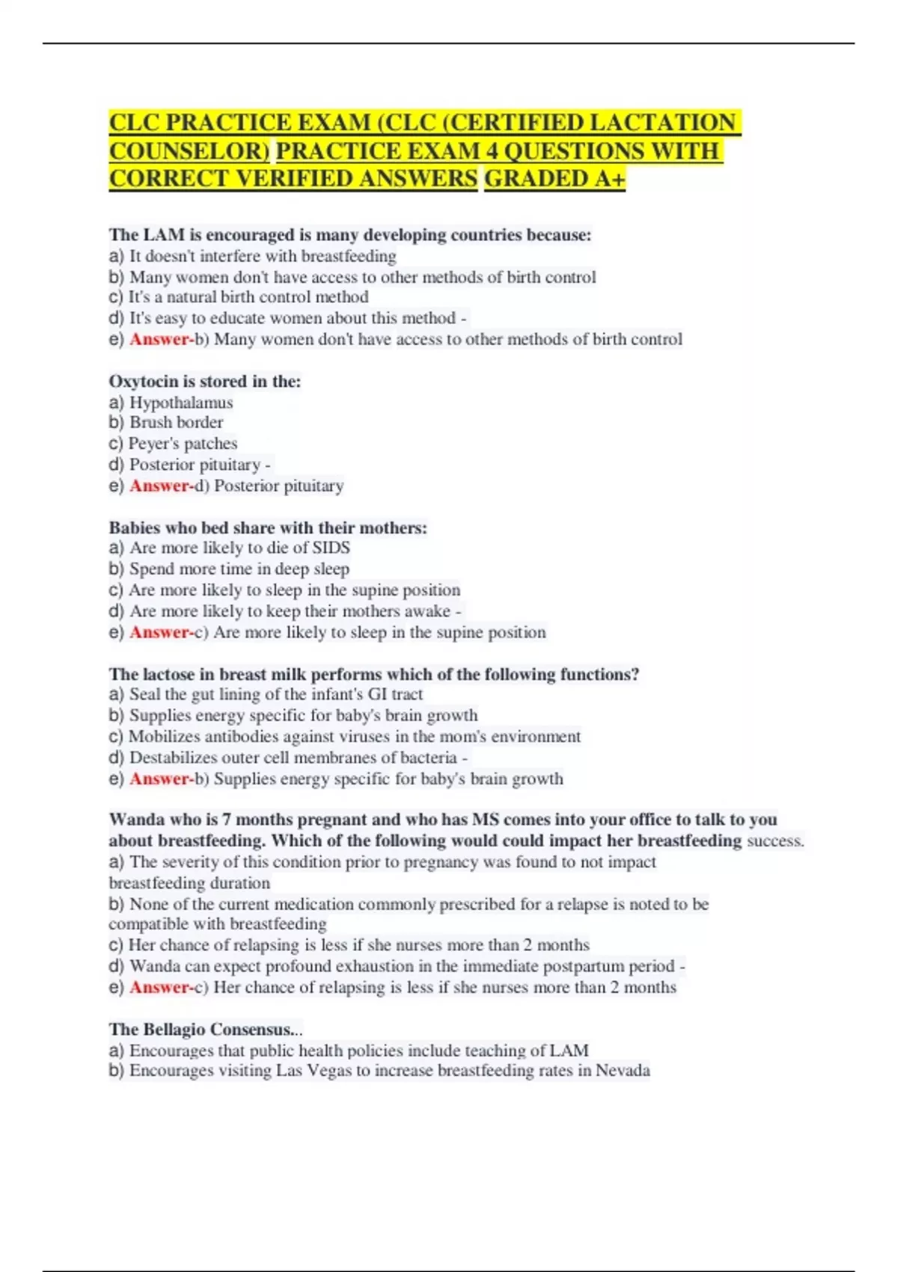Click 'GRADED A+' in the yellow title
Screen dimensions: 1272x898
click(x=554, y=179)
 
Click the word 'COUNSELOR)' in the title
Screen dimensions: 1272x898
click(x=189, y=151)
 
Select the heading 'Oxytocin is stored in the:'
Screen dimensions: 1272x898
click(x=204, y=381)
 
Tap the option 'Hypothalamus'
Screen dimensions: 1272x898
click(x=180, y=403)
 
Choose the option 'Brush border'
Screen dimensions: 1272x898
click(x=176, y=422)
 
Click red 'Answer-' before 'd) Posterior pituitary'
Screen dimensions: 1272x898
click(x=162, y=486)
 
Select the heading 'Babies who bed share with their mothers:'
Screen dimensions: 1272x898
click(x=268, y=528)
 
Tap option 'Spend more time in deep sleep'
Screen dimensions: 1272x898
click(x=239, y=569)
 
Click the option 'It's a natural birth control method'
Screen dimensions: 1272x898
click(x=248, y=297)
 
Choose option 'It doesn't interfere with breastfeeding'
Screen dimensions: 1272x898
click(x=263, y=256)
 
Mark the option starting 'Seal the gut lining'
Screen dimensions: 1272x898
click(x=275, y=694)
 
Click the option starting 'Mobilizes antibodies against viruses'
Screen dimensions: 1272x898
click(x=354, y=736)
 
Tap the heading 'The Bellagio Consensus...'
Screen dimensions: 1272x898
click(x=205, y=1029)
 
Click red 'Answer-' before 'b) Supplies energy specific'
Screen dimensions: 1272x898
click(x=162, y=779)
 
